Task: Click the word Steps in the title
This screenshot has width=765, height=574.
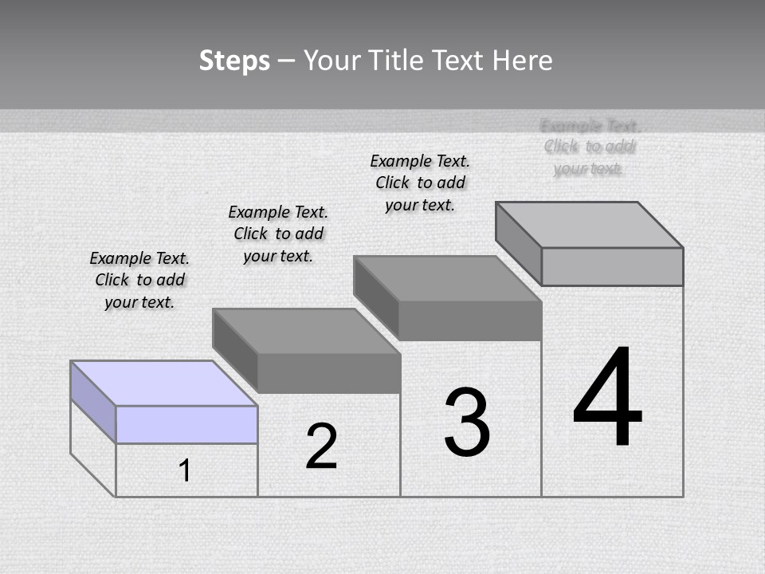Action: (234, 61)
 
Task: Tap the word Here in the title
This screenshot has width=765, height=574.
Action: (522, 61)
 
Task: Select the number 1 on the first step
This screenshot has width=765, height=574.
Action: (185, 470)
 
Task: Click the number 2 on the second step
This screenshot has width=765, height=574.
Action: (322, 446)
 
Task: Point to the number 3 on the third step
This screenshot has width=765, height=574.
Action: (467, 423)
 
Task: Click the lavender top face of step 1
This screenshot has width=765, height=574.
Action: (163, 383)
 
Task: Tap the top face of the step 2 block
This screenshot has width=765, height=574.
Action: (306, 331)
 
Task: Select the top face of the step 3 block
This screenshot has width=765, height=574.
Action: (448, 279)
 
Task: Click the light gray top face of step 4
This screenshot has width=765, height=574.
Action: (590, 225)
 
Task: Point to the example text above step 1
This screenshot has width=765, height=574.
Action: (139, 280)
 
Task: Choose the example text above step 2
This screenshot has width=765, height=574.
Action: (278, 234)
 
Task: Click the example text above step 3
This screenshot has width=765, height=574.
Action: (420, 183)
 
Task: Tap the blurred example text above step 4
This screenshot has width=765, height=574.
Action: (590, 147)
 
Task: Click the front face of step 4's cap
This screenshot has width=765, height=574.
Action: (612, 266)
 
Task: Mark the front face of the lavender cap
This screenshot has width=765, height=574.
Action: (186, 424)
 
